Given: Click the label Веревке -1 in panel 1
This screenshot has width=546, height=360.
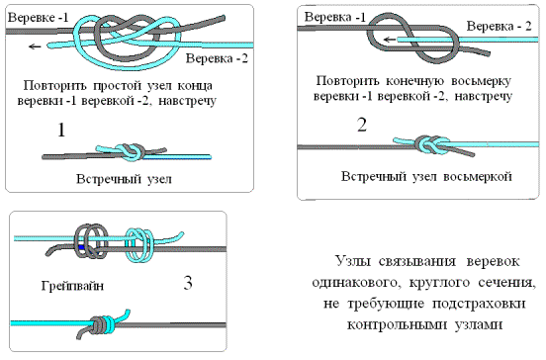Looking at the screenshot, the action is [x=39, y=18].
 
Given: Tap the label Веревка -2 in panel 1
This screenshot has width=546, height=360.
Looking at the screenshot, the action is [x=217, y=57].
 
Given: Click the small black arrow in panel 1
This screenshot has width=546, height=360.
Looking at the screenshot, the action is [x=35, y=46].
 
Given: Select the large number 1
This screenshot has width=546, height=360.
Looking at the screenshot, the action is [x=61, y=130].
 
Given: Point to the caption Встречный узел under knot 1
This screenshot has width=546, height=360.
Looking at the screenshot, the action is [x=124, y=179].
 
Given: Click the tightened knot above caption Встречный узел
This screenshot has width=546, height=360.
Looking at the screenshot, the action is [x=131, y=151].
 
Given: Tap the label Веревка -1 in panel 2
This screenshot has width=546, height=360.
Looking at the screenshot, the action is [x=335, y=17].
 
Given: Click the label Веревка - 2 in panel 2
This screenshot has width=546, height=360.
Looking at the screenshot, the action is [x=499, y=26].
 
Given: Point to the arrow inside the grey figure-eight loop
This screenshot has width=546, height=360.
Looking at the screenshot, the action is [x=390, y=40].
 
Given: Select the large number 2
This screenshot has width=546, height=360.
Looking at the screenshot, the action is [x=362, y=125].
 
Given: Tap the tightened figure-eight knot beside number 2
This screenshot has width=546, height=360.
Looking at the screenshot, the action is [x=428, y=144].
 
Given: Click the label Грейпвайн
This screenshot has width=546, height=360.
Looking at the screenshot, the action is [x=72, y=286].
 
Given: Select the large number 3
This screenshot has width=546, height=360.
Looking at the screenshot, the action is [x=188, y=282].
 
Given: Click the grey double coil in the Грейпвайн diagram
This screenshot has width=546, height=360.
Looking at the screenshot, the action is [x=91, y=241].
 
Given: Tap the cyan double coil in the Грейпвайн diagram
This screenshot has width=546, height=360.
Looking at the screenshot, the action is [x=139, y=244].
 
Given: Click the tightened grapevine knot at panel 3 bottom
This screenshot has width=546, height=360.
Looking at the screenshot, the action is [x=103, y=324].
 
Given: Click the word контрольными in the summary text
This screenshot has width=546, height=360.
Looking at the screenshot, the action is [x=397, y=324].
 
